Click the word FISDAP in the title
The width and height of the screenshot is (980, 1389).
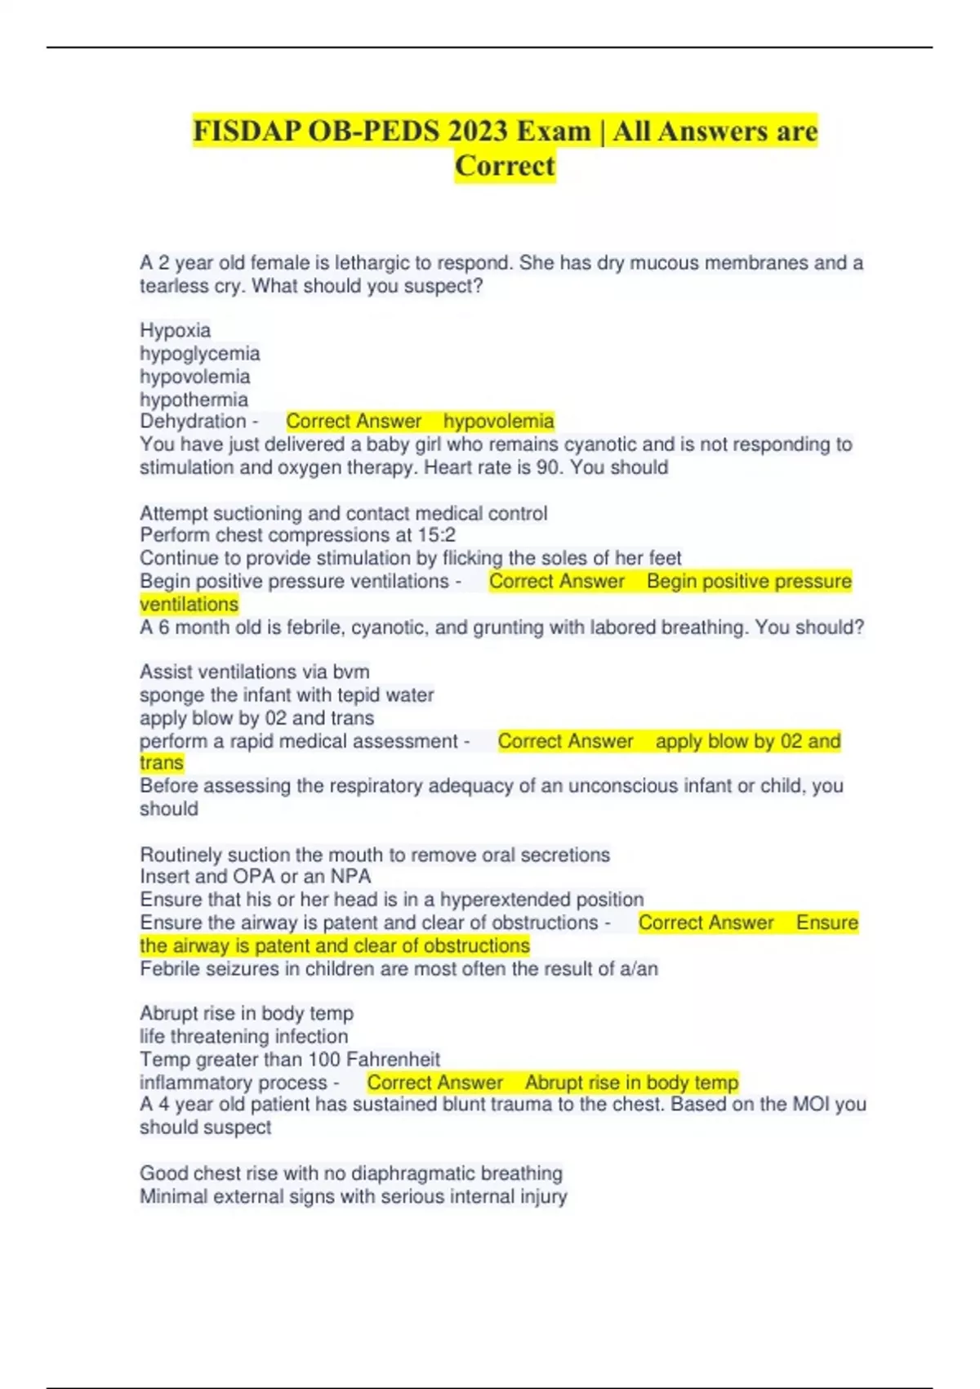tap(246, 131)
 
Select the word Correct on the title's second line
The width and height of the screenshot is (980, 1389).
tap(505, 166)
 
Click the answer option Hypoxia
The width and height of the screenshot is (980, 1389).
tap(175, 330)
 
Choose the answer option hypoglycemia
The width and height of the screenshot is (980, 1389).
tap(199, 353)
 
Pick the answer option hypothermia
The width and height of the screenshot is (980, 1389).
tap(194, 399)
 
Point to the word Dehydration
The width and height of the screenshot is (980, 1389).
tap(193, 421)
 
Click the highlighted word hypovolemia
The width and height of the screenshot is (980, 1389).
tap(498, 421)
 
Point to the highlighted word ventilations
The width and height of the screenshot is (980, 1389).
tap(189, 604)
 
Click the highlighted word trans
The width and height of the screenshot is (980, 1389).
tap(161, 762)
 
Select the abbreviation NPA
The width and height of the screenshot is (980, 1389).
tap(350, 877)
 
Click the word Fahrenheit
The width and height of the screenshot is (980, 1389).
tap(393, 1060)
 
